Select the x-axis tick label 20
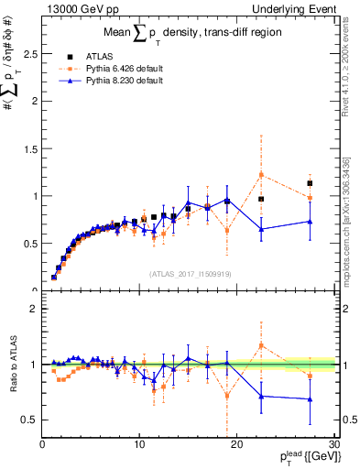(236, 445)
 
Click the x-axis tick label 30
(333, 445)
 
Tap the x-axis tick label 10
(139, 445)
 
